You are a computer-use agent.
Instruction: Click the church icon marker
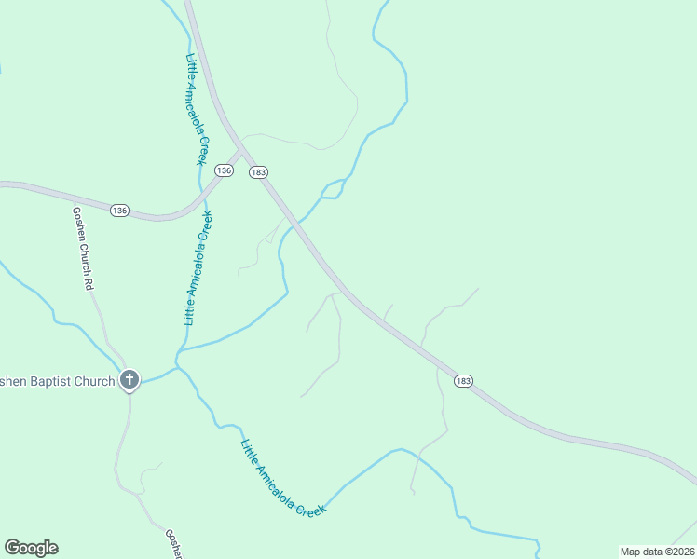[x=130, y=380]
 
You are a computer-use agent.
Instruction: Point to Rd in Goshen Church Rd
[x=89, y=282]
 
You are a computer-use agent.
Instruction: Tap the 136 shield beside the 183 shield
[x=224, y=170]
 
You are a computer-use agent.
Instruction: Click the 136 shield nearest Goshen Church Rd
[x=119, y=211]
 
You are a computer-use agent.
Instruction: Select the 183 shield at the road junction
[x=259, y=172]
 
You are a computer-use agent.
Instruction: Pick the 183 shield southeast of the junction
[x=464, y=380]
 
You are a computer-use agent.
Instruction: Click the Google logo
[x=31, y=548]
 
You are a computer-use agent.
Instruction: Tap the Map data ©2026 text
[x=657, y=552]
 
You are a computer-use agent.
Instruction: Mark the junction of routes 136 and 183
[x=243, y=152]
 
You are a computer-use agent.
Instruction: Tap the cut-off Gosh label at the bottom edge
[x=172, y=544]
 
